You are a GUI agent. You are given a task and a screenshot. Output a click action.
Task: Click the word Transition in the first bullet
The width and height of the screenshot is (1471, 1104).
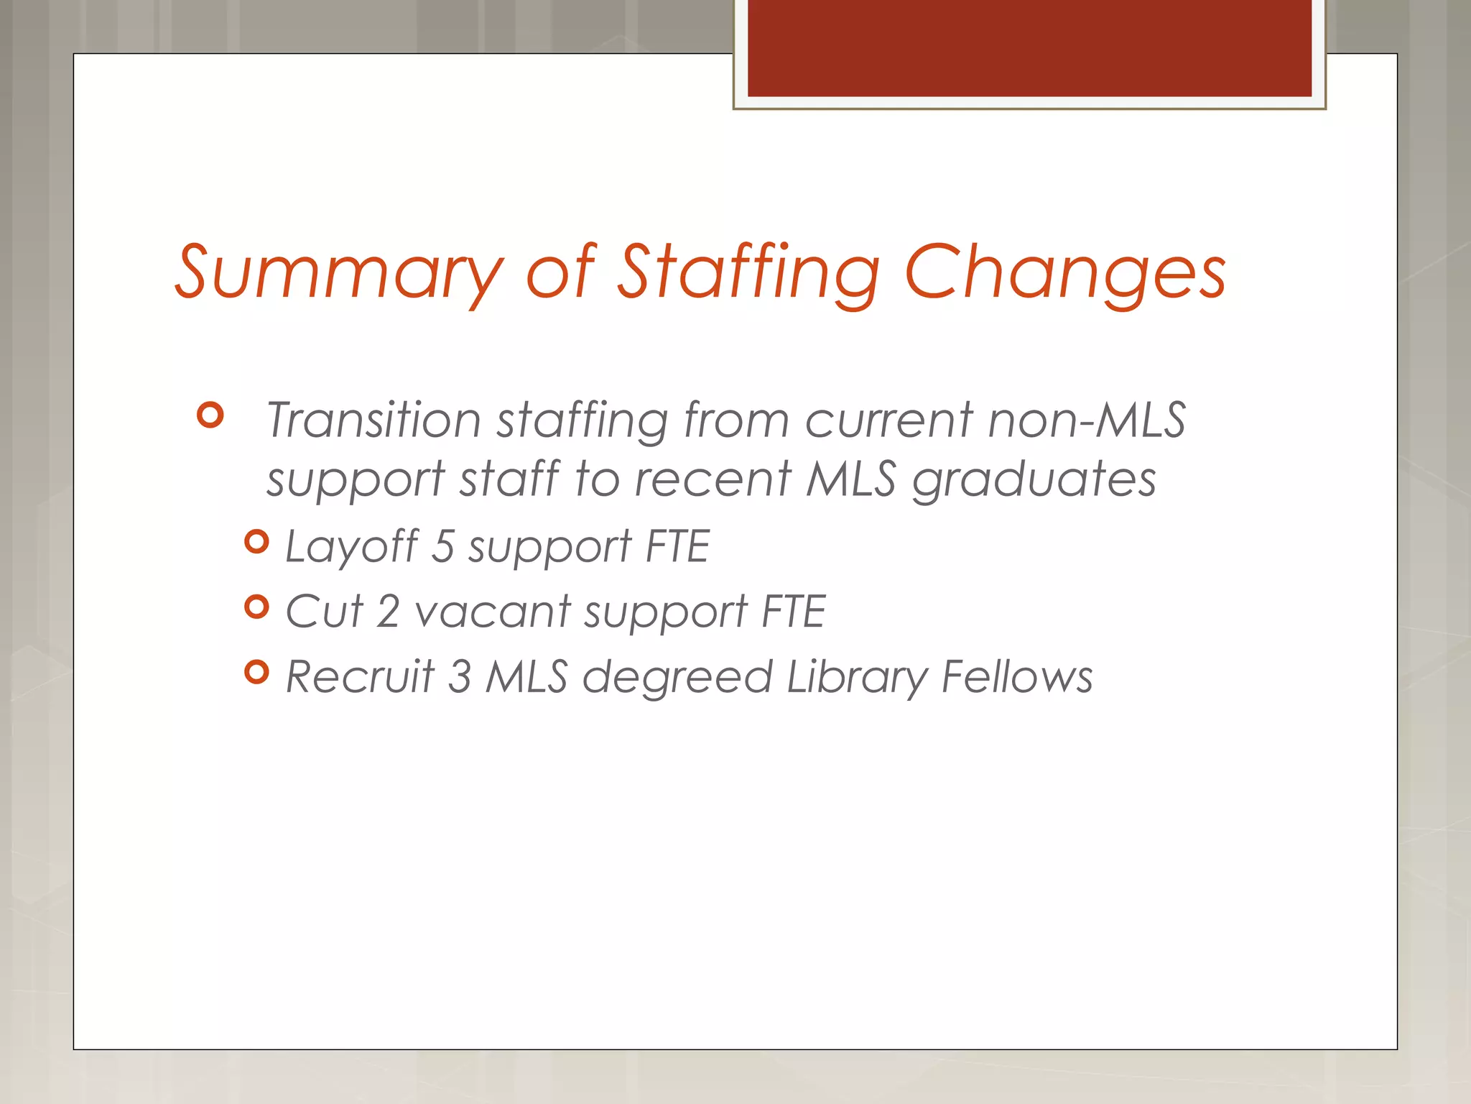[373, 420]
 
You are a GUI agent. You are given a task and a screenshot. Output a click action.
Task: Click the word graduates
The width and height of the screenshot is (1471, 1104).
[1034, 480]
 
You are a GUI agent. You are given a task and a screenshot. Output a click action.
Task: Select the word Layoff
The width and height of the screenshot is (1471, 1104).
[352, 546]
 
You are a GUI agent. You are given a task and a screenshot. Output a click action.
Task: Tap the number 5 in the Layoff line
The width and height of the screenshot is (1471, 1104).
[443, 546]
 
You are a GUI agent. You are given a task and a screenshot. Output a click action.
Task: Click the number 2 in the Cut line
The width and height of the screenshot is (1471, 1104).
[388, 612]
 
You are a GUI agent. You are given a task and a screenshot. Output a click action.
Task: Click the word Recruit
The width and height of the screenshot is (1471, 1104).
[360, 677]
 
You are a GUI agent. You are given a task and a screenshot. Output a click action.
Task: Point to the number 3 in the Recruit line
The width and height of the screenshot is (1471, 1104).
[460, 677]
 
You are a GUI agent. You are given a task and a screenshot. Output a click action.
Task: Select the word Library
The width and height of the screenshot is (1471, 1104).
[858, 677]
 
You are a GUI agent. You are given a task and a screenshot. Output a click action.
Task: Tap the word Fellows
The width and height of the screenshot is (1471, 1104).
[1017, 677]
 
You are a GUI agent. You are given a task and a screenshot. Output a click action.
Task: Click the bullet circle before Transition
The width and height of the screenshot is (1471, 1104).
[210, 415]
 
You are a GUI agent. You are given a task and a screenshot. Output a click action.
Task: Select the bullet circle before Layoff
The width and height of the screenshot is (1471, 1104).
[256, 542]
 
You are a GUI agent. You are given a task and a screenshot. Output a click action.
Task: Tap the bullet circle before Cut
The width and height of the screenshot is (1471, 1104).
[256, 607]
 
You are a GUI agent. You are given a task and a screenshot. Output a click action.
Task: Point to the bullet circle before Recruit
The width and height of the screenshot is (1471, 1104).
[256, 673]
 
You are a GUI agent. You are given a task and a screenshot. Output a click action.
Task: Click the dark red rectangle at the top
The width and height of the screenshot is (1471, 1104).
[1029, 47]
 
